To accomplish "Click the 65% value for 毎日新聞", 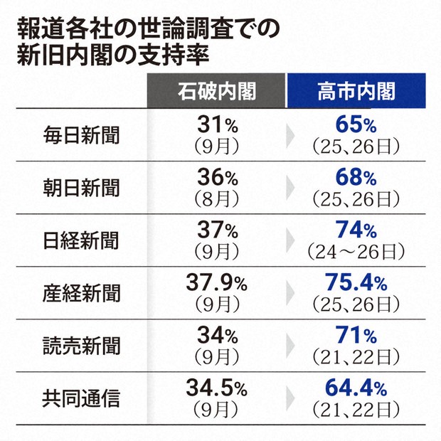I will pyautogui.click(x=356, y=126).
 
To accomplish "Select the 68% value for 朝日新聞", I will pyautogui.click(x=356, y=178).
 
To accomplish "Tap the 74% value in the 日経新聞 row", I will pyautogui.click(x=356, y=230).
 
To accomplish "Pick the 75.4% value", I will pyautogui.click(x=356, y=283).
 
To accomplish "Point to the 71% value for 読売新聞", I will pyautogui.click(x=356, y=336).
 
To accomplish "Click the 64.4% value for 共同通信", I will pyautogui.click(x=356, y=388).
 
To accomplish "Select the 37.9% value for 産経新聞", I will pyautogui.click(x=216, y=283).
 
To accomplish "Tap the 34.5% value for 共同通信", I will pyautogui.click(x=216, y=388).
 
